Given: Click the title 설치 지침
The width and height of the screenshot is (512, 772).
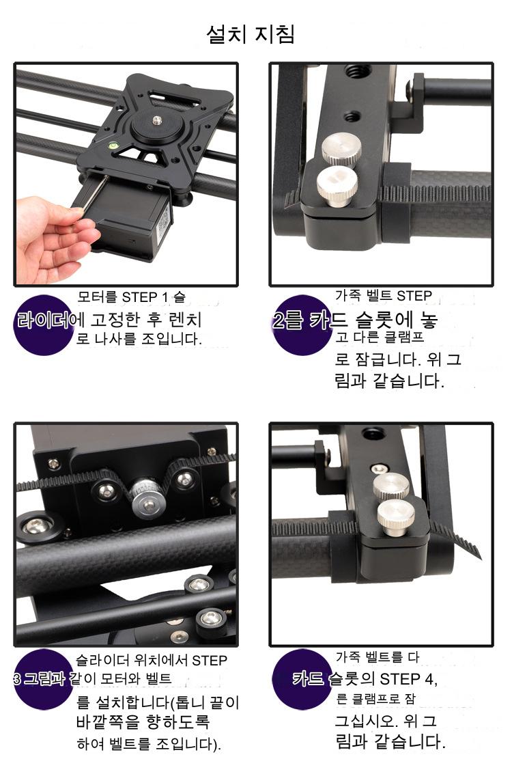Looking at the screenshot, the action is click(251, 34).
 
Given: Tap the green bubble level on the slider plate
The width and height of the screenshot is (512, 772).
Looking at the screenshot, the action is click(113, 146).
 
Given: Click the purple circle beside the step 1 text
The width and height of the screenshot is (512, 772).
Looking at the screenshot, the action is click(43, 325).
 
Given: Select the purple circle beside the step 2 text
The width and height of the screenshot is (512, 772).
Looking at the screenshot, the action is click(302, 325).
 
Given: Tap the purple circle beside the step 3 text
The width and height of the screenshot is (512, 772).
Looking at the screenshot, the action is click(43, 680).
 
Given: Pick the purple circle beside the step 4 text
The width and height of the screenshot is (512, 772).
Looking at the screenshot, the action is click(302, 680).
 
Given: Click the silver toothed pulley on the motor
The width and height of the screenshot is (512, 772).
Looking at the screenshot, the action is click(146, 497).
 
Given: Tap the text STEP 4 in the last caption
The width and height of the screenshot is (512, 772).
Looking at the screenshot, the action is click(408, 680).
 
